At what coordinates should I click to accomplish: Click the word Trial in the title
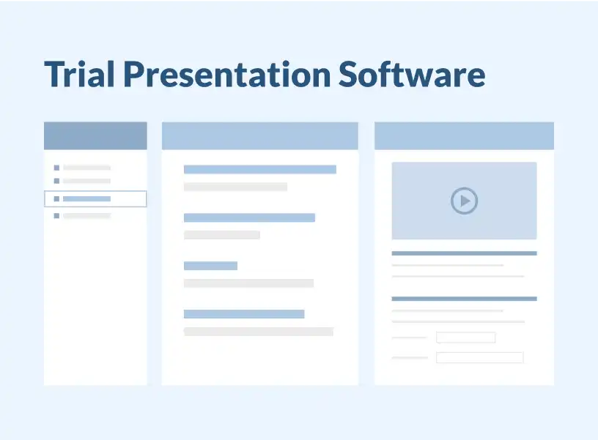pyautogui.click(x=79, y=74)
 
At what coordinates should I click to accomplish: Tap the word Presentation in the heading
pyautogui.click(x=227, y=74)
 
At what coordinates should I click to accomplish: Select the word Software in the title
pyautogui.click(x=412, y=73)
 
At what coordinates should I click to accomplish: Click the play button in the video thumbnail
pyautogui.click(x=464, y=201)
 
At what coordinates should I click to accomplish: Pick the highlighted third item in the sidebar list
pyautogui.click(x=95, y=199)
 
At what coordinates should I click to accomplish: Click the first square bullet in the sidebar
pyautogui.click(x=56, y=168)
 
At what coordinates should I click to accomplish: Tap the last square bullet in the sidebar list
pyautogui.click(x=56, y=216)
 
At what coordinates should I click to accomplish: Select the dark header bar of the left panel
pyautogui.click(x=95, y=135)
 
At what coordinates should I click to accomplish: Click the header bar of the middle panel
pyautogui.click(x=260, y=135)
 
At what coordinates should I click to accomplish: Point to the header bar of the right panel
pyautogui.click(x=464, y=135)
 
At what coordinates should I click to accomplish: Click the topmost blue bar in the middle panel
pyautogui.click(x=260, y=169)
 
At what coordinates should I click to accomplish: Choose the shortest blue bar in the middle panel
pyautogui.click(x=210, y=266)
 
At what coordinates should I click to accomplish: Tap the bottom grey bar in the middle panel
pyautogui.click(x=259, y=332)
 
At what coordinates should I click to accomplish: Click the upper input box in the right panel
pyautogui.click(x=465, y=338)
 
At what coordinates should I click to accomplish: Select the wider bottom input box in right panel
pyautogui.click(x=480, y=357)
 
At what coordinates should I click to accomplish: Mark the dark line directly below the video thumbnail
pyautogui.click(x=464, y=253)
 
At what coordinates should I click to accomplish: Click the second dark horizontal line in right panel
pyautogui.click(x=464, y=299)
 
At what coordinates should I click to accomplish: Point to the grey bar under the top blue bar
pyautogui.click(x=235, y=187)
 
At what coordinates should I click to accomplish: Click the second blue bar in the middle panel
pyautogui.click(x=249, y=217)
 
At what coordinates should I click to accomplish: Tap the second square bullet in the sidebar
pyautogui.click(x=56, y=181)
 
